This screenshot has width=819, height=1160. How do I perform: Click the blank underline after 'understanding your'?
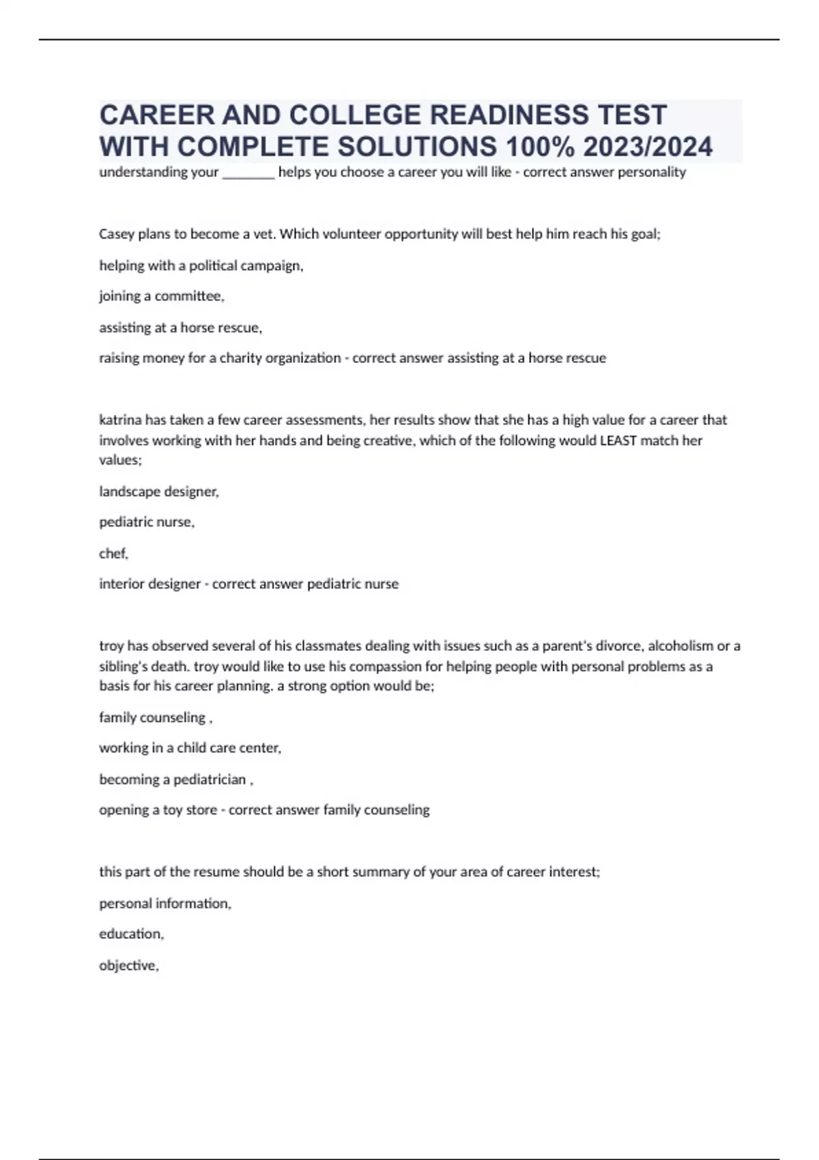248,173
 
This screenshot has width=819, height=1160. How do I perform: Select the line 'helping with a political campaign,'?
201,265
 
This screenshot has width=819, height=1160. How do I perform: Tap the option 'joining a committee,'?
161,296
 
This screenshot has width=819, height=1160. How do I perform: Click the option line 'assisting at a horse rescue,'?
180,328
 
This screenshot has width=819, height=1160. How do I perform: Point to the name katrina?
120,420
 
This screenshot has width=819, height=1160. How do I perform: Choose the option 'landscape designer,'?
159,491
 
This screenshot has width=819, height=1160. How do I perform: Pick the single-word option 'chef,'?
113,553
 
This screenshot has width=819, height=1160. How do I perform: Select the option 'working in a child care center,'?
190,748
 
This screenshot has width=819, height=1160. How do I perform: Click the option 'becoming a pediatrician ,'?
176,779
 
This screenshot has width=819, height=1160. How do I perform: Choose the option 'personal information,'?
165,903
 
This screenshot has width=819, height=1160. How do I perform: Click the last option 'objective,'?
128,966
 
